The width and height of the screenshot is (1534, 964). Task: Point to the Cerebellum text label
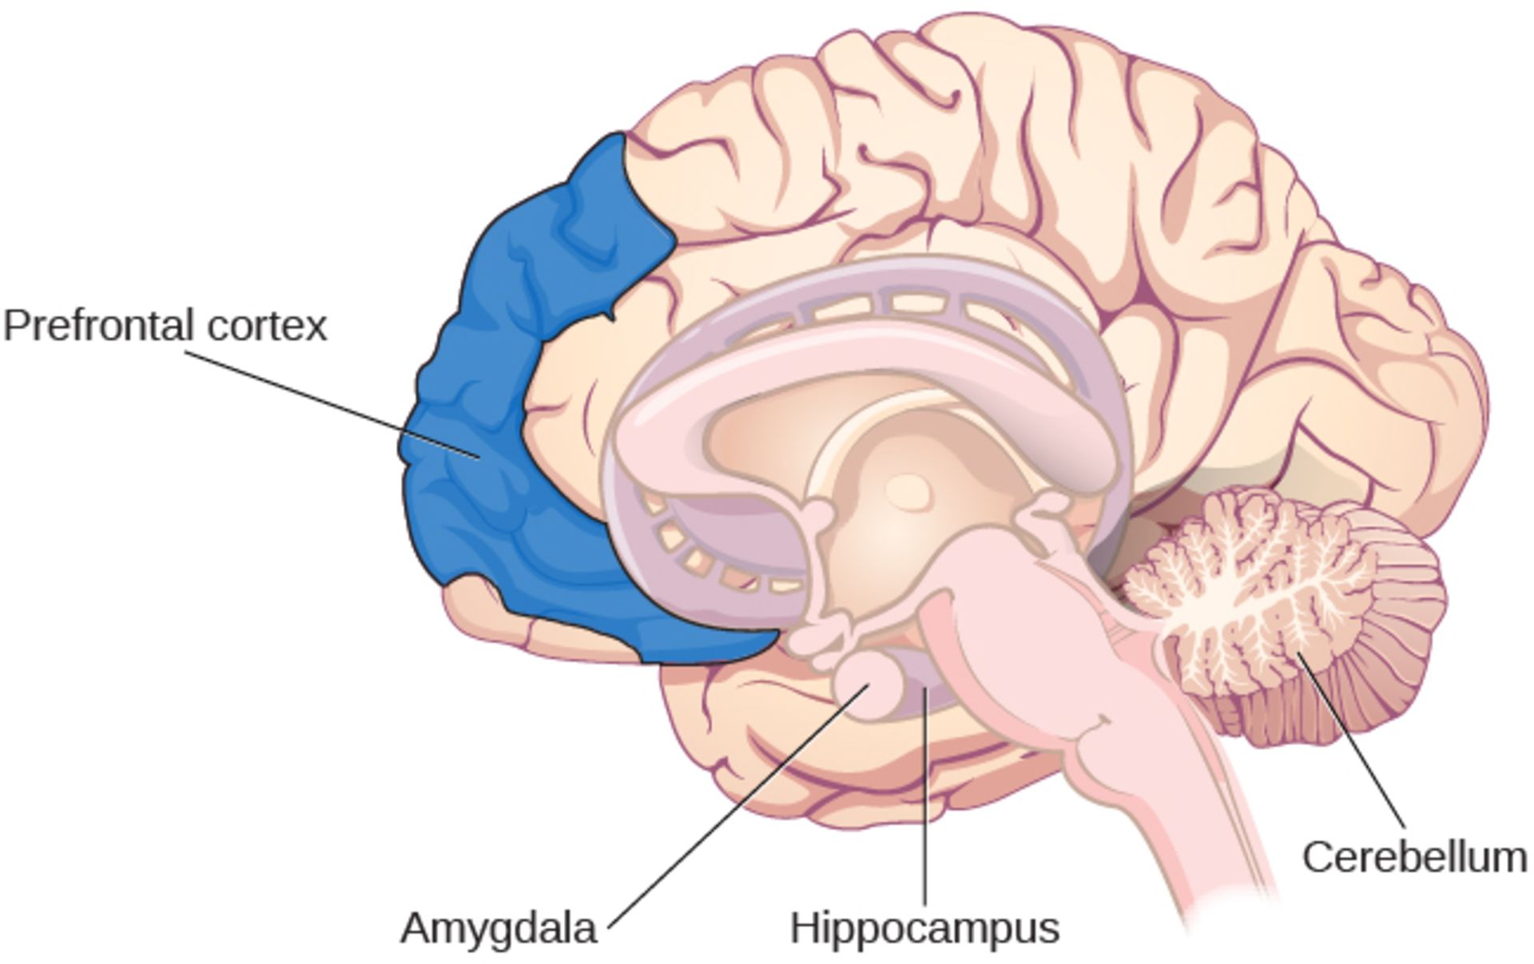click(x=1415, y=857)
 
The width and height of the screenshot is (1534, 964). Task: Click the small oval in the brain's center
click(x=908, y=492)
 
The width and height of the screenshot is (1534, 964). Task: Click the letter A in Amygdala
click(x=416, y=927)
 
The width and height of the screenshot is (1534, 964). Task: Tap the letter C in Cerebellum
click(x=1319, y=857)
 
